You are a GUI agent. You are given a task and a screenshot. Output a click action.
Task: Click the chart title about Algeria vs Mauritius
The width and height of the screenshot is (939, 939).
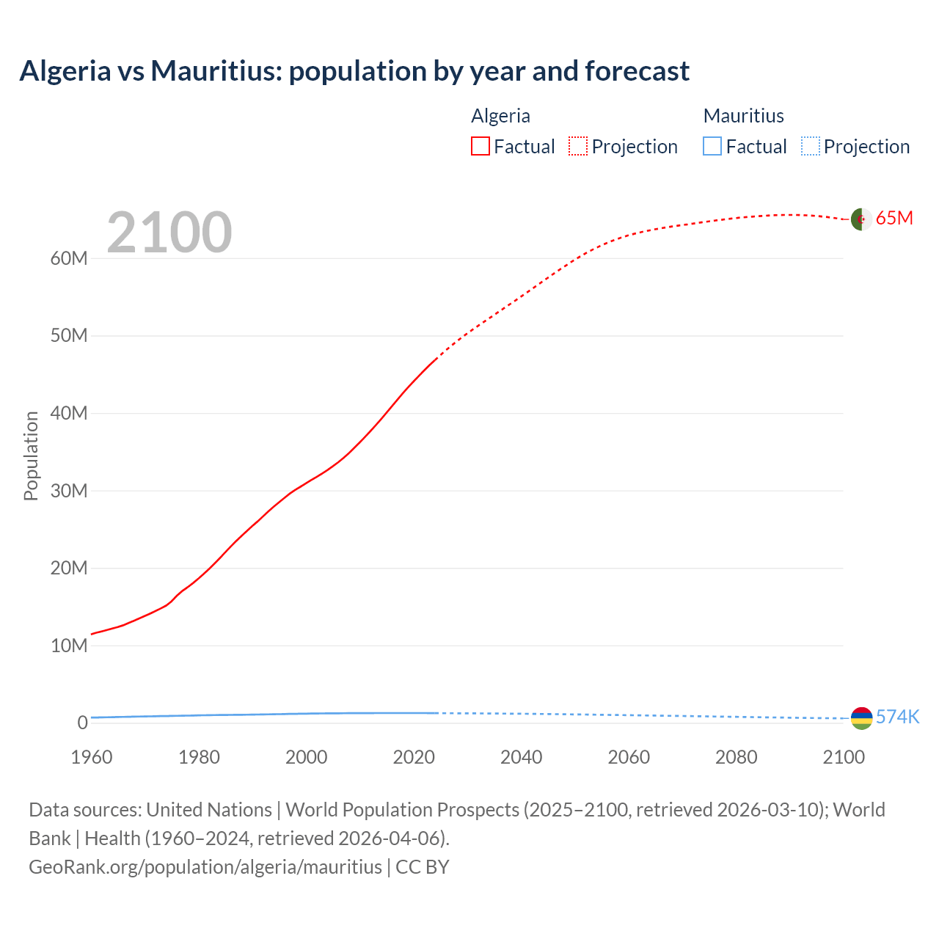pos(354,71)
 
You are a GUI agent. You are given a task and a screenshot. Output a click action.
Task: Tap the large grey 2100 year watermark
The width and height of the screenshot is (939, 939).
pos(169,233)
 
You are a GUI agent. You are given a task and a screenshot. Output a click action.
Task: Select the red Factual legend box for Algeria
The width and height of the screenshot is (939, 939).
pos(481,146)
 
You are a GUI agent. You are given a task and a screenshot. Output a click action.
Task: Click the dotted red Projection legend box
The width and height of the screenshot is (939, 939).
pos(578,146)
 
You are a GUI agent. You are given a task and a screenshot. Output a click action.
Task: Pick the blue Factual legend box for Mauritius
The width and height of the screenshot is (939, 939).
pos(712,146)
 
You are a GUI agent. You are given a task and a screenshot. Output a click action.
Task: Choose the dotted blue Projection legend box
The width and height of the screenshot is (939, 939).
pos(811,146)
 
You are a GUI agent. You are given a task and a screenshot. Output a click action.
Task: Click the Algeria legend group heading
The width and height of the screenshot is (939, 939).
pos(500,116)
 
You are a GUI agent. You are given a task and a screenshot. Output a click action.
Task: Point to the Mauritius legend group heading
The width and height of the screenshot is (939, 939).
pos(743,116)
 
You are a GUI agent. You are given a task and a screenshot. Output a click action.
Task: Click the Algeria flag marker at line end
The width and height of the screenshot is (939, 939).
pos(861,219)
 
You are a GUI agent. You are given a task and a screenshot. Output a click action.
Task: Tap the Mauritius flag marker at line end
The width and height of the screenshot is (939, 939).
pos(861,718)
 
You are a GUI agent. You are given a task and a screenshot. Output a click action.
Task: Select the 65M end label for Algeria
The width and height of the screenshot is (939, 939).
pos(894,218)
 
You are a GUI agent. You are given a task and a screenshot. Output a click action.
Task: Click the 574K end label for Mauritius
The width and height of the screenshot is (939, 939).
pos(897,717)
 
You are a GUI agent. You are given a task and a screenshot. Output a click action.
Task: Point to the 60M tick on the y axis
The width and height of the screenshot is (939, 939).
pos(69,258)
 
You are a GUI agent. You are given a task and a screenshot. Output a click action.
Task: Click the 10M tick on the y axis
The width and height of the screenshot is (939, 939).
pos(69,646)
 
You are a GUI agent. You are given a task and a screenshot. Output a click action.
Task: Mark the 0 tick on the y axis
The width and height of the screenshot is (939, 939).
pos(82,723)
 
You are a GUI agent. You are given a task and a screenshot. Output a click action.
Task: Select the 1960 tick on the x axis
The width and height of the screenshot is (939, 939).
pos(92,757)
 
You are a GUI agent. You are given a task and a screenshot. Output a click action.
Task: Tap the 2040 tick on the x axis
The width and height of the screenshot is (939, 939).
pos(522,757)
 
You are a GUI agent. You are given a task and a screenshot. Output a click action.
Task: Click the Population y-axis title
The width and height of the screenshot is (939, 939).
pos(31,456)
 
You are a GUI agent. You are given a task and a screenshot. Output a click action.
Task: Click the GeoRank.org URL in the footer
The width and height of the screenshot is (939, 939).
pos(205,866)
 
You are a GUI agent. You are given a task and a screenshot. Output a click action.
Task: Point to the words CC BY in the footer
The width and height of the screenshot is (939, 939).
pos(423,866)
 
